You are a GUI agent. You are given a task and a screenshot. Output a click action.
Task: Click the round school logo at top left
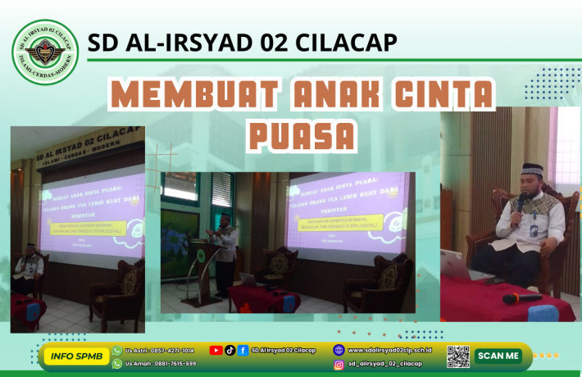tap(45, 52)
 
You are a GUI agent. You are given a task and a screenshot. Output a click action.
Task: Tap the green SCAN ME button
tap(498, 356)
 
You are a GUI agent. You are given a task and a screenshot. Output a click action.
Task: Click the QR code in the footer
tap(458, 357)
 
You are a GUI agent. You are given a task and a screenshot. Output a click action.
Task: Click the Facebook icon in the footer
tap(243, 350)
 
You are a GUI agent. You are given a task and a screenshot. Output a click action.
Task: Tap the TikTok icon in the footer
tap(230, 350)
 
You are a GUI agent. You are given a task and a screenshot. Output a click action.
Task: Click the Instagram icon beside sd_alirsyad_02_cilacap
tap(339, 364)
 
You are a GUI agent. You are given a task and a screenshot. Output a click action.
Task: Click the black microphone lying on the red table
tap(521, 298)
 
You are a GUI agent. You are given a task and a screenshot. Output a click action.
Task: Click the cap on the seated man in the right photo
tap(532, 170)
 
